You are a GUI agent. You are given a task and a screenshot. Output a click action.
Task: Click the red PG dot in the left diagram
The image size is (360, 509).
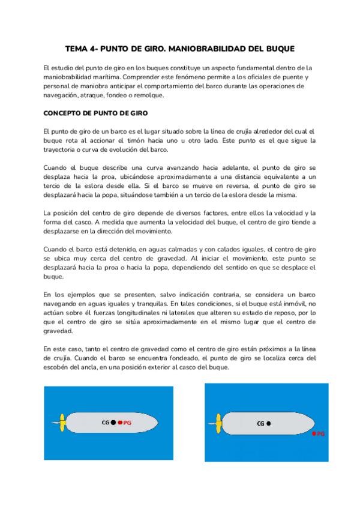pos(120,423)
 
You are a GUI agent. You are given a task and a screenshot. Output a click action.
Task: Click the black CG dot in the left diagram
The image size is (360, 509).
pos(113,423)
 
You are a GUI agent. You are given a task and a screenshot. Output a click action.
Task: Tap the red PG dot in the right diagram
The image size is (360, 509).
pos(314,433)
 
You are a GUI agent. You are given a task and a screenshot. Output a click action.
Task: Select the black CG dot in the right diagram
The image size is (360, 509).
pos(268,423)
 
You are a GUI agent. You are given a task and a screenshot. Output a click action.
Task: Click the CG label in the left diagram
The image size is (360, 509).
pos(106,423)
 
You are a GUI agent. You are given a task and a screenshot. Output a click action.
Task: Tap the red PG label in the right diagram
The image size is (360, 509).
pos(321,433)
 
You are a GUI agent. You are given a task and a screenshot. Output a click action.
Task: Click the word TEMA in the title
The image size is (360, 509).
pos(77,47)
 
